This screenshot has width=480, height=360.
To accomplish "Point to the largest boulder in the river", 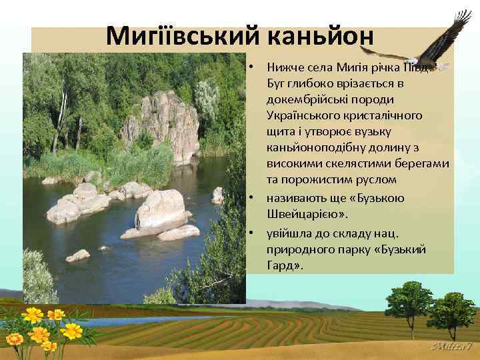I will point(160,209).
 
